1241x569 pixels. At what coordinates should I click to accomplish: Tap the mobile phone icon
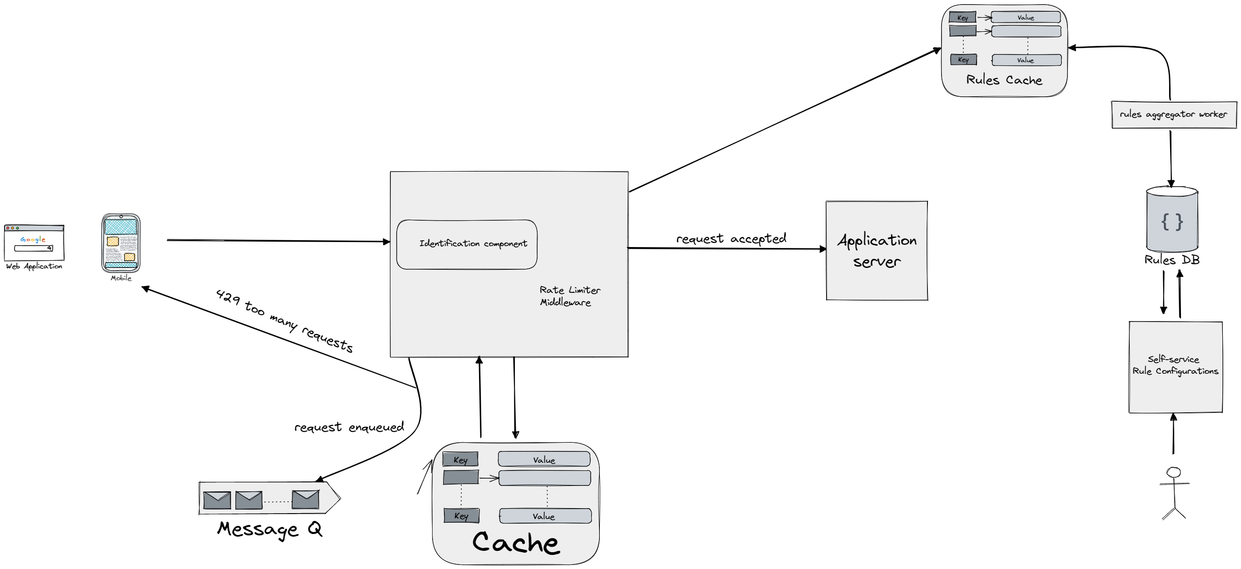[x=121, y=243]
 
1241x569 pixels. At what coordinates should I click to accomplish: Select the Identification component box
[x=466, y=244]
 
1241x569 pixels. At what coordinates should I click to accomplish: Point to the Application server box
[x=876, y=250]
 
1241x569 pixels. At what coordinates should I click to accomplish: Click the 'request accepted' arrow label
[x=730, y=238]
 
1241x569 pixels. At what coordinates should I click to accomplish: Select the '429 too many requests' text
[x=284, y=321]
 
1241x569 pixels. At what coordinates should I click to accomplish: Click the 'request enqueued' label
[x=349, y=427]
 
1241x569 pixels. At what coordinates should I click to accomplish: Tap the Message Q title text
[x=269, y=529]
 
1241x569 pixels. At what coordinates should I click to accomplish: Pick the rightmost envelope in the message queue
[x=305, y=499]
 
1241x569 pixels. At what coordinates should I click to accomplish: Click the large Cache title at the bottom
[x=515, y=542]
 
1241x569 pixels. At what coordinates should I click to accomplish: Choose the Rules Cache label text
[x=1004, y=80]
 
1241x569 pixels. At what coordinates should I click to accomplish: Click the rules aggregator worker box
[x=1174, y=114]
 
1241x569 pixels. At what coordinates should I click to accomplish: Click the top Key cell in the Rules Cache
[x=962, y=18]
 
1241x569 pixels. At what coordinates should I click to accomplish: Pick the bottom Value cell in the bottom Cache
[x=545, y=516]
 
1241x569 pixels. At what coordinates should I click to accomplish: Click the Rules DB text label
[x=1171, y=260]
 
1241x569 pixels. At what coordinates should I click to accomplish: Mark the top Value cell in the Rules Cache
[x=1026, y=18]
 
